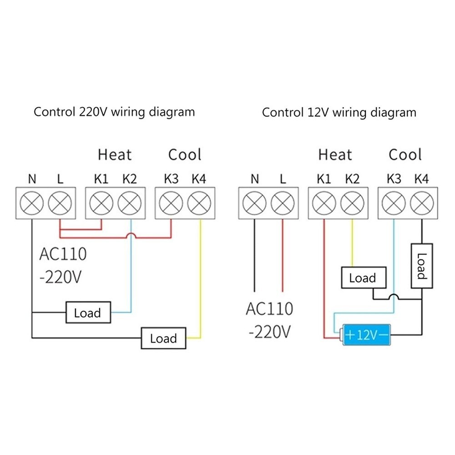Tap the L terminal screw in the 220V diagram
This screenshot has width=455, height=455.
pos(60,203)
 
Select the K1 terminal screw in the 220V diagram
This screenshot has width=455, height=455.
pos(101,203)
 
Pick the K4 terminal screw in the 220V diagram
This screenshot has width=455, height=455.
pos(199,203)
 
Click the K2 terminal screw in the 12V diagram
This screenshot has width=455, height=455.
pos(351,203)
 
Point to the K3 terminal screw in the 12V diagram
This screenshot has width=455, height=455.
pos(393,203)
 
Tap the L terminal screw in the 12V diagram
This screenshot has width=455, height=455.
pos(283,203)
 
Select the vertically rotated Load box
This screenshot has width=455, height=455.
pos(421,266)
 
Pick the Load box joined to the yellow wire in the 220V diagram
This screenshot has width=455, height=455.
pos(163,338)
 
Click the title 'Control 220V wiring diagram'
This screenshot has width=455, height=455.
pos(114,112)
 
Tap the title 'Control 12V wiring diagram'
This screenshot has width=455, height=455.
pos(339,112)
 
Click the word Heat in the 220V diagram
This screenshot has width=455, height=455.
pos(114,155)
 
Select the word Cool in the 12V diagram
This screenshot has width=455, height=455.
pos(405,155)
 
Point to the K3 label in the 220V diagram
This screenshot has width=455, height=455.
pos(171,179)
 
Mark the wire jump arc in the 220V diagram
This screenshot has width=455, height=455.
pos(130,235)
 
